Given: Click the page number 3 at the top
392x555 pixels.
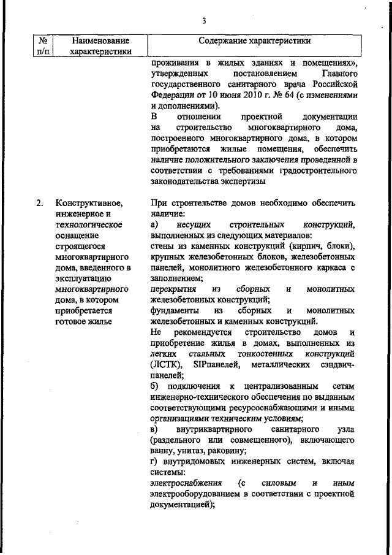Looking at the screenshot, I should click(x=204, y=23).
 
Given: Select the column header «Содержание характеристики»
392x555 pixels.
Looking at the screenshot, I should click(x=254, y=41).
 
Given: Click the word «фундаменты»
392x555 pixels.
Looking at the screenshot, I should click(x=174, y=310).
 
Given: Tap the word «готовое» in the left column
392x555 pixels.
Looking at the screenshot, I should click(x=72, y=321).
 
